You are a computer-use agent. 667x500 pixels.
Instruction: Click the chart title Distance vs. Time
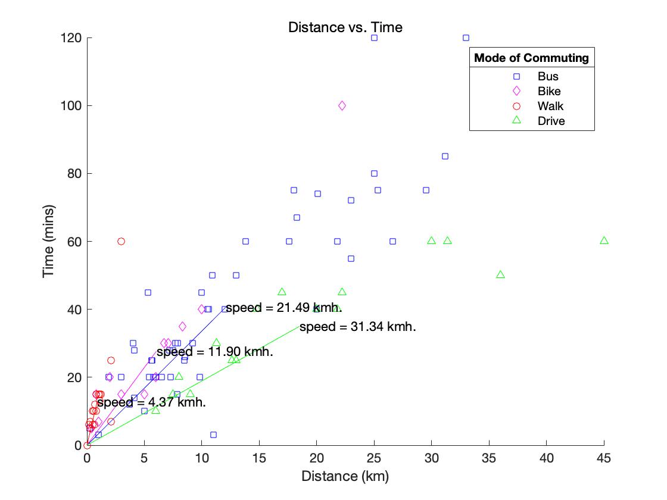(345, 27)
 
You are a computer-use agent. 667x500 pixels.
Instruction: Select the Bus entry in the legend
(548, 76)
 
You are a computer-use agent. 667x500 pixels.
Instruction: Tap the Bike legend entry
(548, 91)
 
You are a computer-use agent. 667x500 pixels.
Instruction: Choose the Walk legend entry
(550, 107)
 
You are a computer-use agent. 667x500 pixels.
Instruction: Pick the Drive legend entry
(551, 121)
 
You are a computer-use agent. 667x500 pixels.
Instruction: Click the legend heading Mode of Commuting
(531, 58)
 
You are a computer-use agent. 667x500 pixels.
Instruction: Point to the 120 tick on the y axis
(74, 38)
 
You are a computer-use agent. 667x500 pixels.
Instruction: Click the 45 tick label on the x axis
(604, 458)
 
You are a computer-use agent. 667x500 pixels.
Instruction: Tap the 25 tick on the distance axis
(374, 458)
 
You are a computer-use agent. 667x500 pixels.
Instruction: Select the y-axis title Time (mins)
(49, 241)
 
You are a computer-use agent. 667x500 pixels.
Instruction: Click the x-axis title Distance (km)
(345, 476)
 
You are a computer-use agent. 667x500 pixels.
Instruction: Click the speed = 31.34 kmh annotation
(357, 327)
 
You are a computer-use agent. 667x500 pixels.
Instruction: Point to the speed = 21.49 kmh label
(283, 308)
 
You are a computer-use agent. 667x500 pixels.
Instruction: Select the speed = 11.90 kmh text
(214, 352)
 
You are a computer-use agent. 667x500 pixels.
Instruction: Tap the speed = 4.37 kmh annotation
(151, 402)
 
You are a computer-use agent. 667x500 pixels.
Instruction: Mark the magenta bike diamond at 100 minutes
(342, 106)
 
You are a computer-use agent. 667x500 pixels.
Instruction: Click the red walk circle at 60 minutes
(121, 241)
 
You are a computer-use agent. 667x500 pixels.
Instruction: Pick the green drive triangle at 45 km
(604, 240)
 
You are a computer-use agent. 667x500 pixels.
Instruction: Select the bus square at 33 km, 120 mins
(466, 38)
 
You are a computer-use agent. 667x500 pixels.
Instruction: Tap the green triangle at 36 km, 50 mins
(500, 274)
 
